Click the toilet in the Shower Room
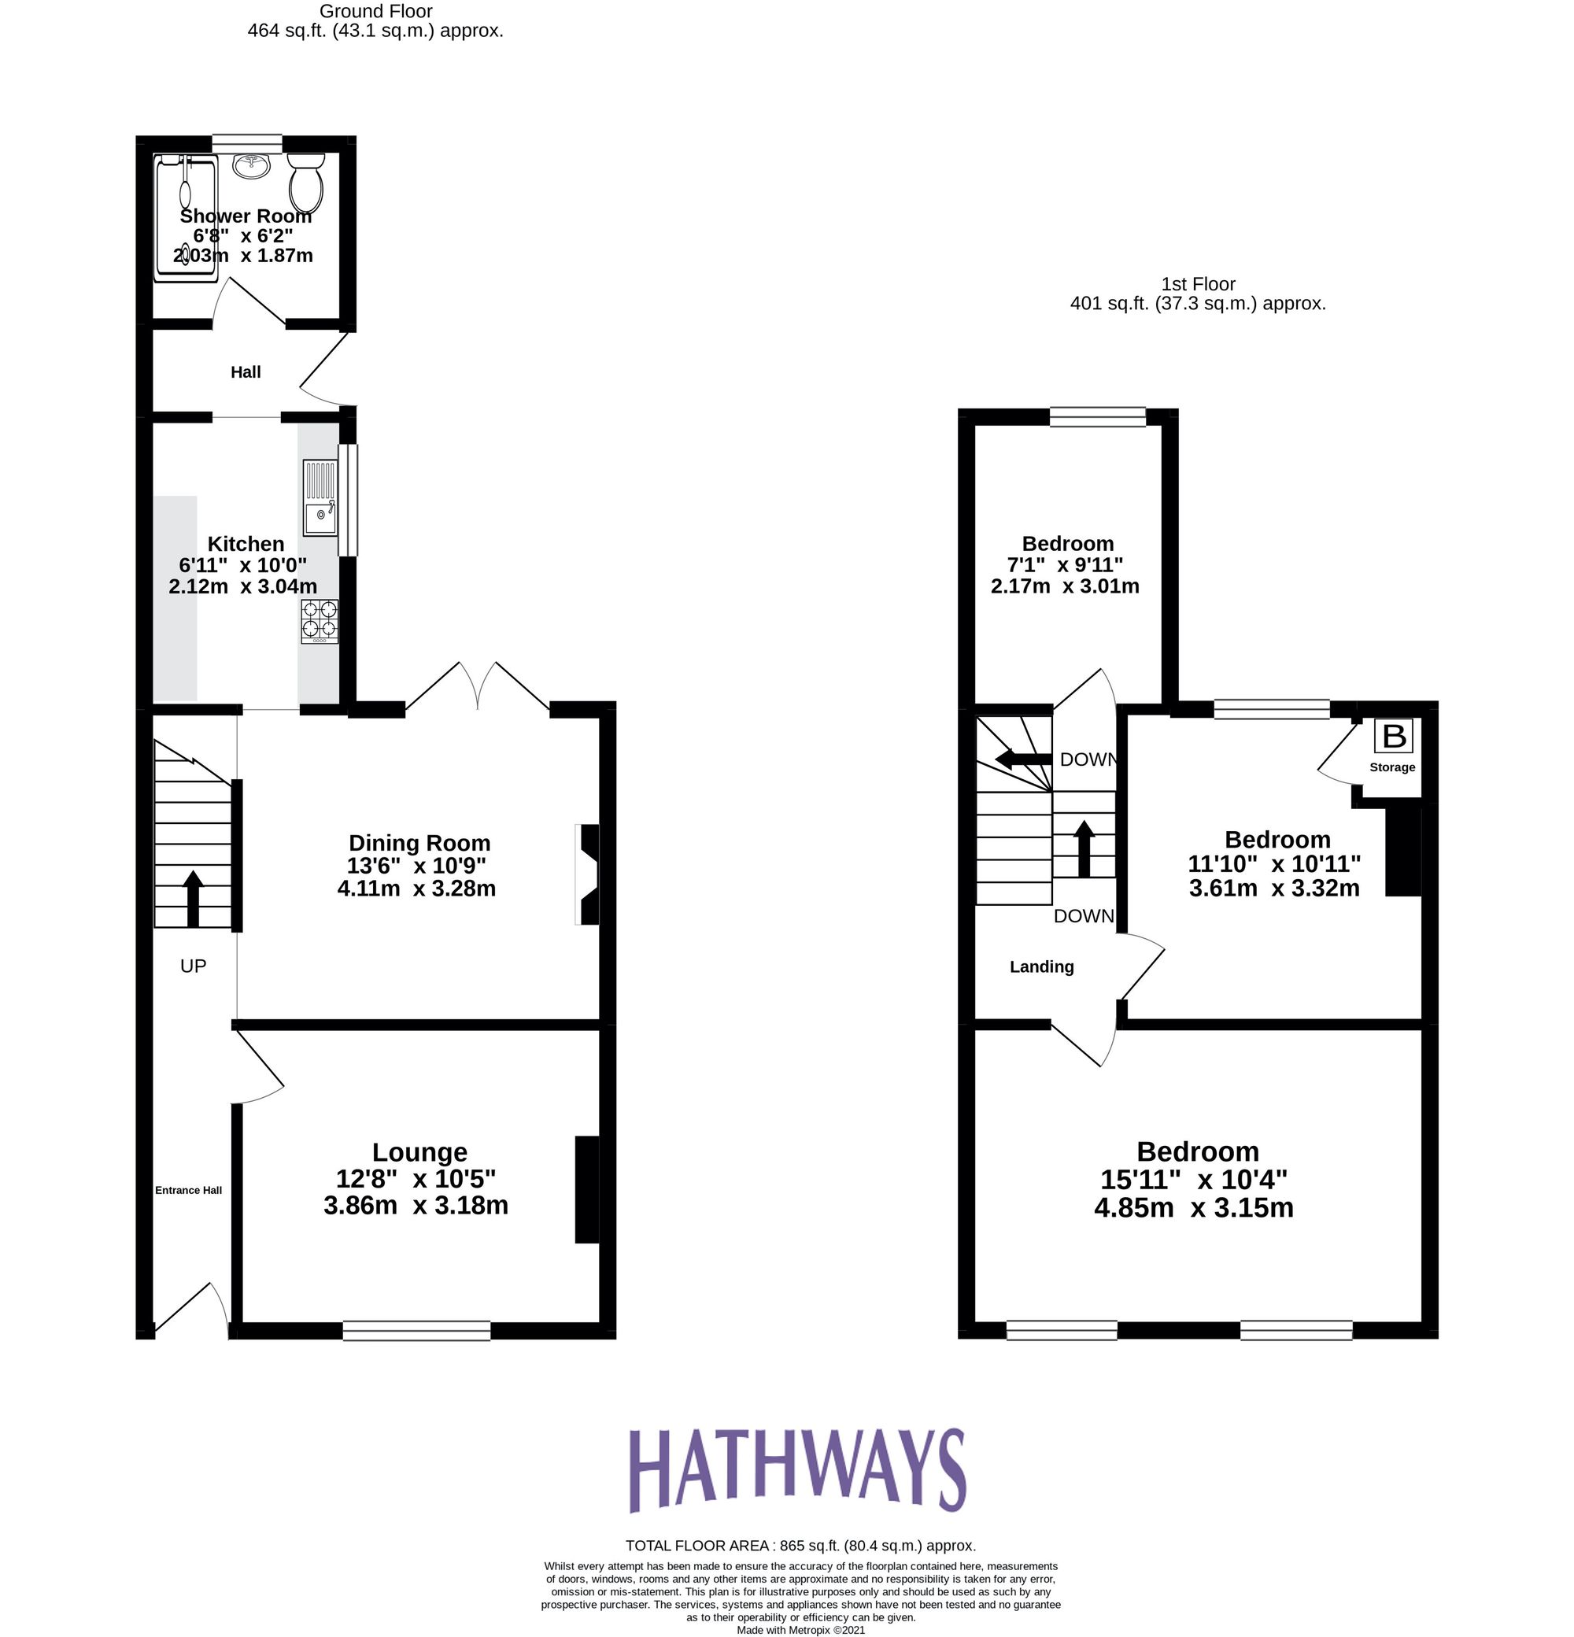[x=305, y=182]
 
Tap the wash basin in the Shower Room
[x=251, y=165]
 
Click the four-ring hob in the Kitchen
[x=320, y=622]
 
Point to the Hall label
[x=246, y=372]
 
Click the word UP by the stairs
[x=193, y=966]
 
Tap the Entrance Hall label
[x=189, y=1190]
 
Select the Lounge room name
[x=419, y=1152]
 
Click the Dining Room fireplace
[x=588, y=874]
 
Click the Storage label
[x=1392, y=767]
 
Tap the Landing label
[x=1041, y=967]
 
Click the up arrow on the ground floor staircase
[x=193, y=898]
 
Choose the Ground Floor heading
[x=375, y=12]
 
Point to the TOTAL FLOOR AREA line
[x=800, y=1546]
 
